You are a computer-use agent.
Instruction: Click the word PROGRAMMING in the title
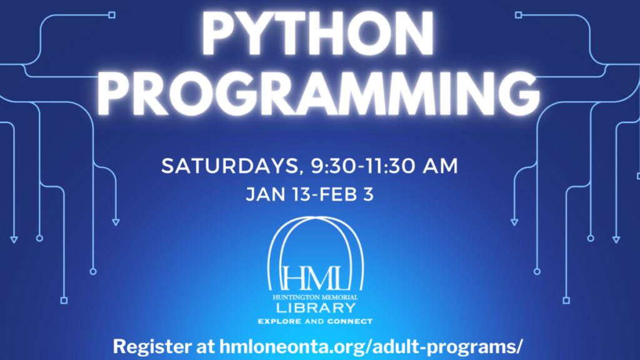[319, 94]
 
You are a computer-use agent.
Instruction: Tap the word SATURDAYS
[224, 167]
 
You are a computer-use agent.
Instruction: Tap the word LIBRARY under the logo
[319, 309]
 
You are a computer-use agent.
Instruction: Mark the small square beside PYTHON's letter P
[112, 14]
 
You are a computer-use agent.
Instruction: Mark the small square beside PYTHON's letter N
[517, 14]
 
